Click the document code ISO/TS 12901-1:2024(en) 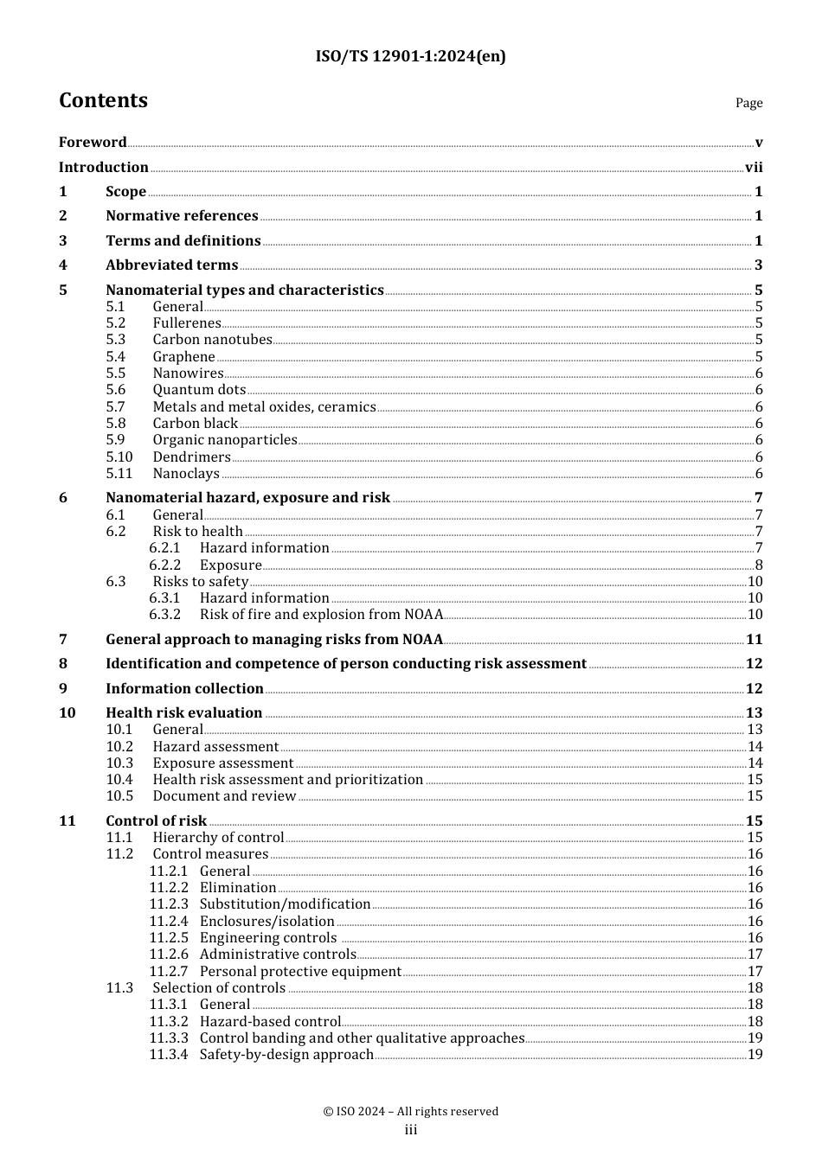410,56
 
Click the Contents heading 103,100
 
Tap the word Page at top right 748,103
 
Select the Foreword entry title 93,143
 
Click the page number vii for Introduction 754,168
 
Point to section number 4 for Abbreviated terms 63,265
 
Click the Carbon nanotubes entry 212,340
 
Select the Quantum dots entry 199,390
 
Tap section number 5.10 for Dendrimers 119,457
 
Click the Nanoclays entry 186,474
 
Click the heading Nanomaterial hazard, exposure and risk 247,498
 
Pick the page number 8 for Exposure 759,565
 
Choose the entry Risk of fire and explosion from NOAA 321,615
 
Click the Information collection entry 184,689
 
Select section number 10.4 119,780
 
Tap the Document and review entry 224,796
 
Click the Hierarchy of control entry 218,838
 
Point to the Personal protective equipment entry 300,972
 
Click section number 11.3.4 168,1055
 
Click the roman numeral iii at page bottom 411,1130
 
